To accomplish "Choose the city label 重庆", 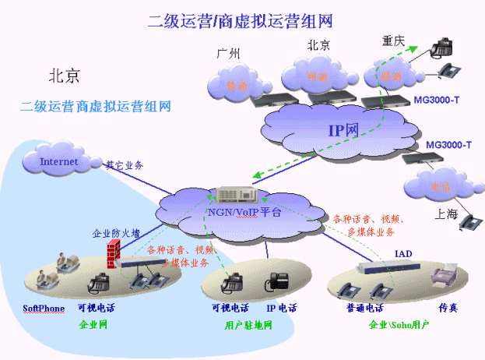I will tap(394, 40).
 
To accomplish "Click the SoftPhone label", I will tap(43, 309).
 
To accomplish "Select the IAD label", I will tap(403, 255).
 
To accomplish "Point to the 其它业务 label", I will tap(125, 165).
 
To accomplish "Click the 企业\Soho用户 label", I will tap(399, 324).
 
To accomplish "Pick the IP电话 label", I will tap(281, 309).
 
